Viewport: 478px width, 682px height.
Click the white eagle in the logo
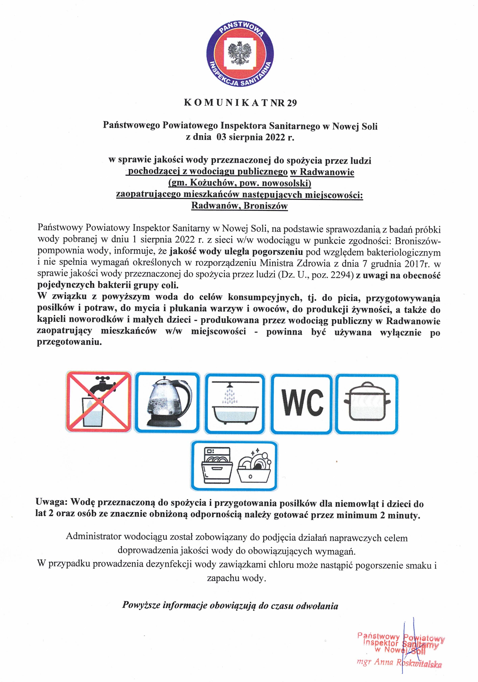click(239, 53)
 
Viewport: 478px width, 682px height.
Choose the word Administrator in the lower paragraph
click(93, 536)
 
